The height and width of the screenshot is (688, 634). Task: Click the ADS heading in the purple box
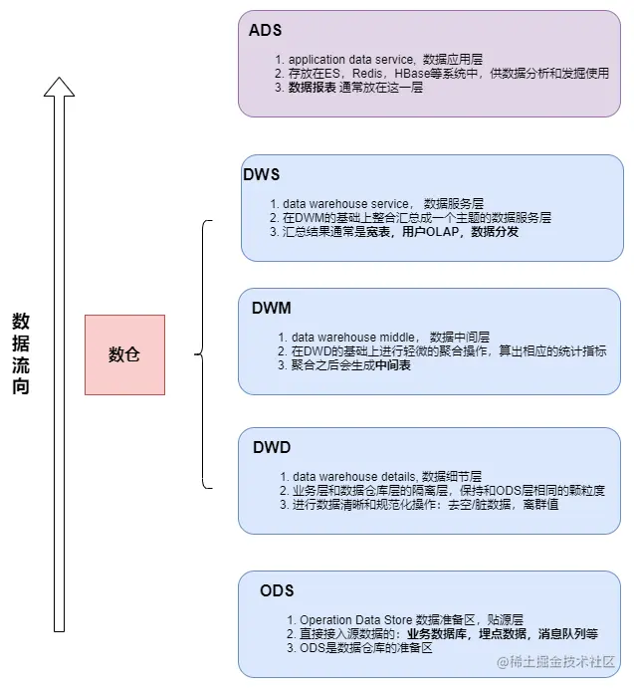click(x=265, y=31)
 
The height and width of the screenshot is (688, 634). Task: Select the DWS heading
click(x=261, y=174)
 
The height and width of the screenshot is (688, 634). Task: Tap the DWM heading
click(x=271, y=309)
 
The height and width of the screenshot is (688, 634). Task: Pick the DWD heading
click(x=271, y=447)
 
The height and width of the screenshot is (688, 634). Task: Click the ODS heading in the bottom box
click(x=277, y=590)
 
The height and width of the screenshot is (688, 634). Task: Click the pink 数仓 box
click(x=124, y=354)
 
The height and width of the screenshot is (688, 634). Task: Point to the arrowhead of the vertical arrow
click(x=59, y=88)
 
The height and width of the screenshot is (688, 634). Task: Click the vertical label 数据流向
click(x=21, y=353)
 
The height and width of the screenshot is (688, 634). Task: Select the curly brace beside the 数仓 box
click(x=203, y=353)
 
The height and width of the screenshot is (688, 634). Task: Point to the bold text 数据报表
click(x=312, y=88)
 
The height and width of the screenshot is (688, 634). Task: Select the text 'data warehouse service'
click(x=344, y=203)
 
